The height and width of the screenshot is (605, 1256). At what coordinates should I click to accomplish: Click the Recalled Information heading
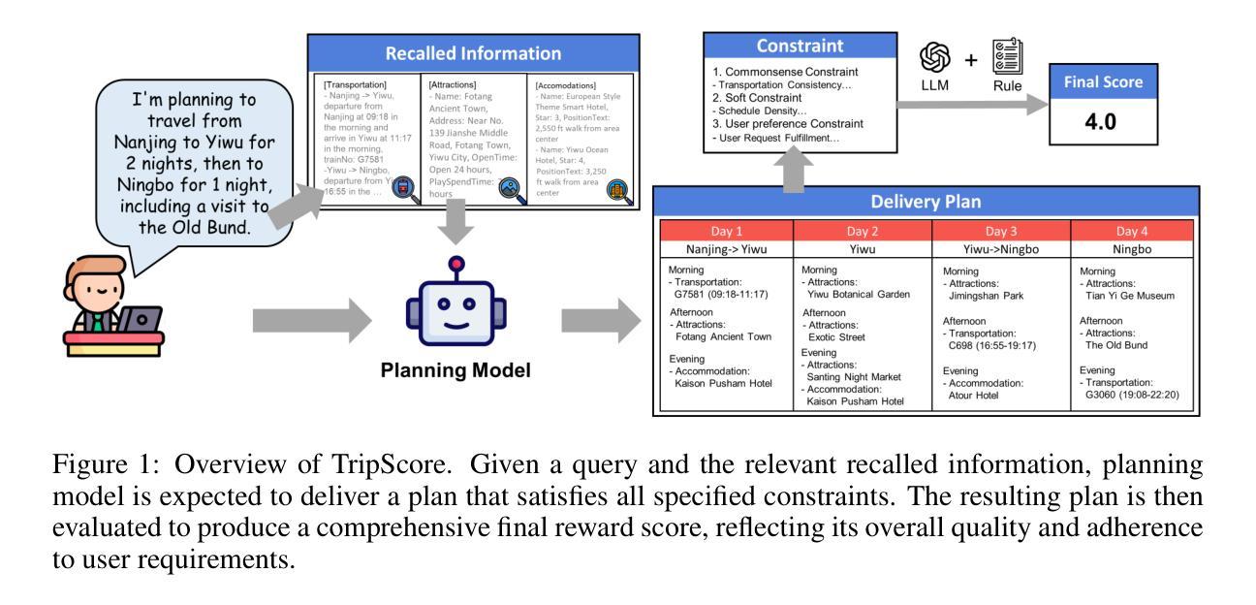472,53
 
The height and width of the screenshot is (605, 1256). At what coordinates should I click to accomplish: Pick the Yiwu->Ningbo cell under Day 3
1000,249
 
